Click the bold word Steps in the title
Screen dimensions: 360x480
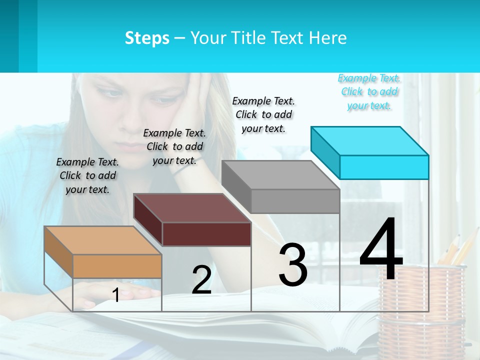(147, 38)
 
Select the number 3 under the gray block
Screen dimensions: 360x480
(292, 265)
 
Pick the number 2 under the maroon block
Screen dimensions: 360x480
(201, 280)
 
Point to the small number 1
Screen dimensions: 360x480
(115, 295)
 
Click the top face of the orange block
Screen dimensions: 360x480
(102, 240)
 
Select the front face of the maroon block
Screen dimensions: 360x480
(206, 234)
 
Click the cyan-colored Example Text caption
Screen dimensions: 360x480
(369, 91)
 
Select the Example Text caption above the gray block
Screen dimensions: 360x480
(263, 114)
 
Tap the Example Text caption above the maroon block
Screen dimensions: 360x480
(174, 146)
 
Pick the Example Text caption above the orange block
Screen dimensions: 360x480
(87, 175)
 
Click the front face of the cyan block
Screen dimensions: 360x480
(384, 167)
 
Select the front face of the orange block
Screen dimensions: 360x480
(117, 266)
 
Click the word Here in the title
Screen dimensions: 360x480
(327, 38)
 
